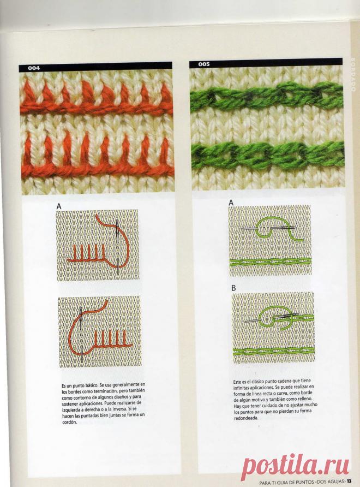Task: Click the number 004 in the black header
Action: click(x=34, y=68)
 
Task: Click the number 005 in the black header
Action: click(x=204, y=64)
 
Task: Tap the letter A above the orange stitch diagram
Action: click(x=59, y=206)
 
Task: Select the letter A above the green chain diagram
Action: click(x=231, y=203)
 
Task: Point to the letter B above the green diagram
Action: click(x=233, y=288)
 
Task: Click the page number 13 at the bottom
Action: click(x=349, y=482)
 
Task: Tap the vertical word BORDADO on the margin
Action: click(x=353, y=74)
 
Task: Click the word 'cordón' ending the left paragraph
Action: click(x=69, y=423)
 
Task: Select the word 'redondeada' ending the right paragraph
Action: click(x=246, y=418)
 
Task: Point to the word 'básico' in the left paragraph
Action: click(x=91, y=385)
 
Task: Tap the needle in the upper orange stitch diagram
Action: click(x=117, y=247)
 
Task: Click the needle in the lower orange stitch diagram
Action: click(x=81, y=334)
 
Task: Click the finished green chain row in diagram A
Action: click(x=271, y=263)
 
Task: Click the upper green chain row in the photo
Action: click(x=266, y=95)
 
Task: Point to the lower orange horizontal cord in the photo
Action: click(x=98, y=170)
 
